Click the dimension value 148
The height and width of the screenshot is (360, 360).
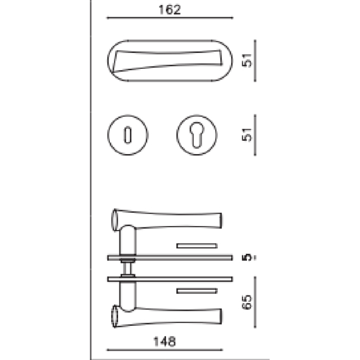[x=164, y=340]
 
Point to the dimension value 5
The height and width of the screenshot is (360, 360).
[x=248, y=257]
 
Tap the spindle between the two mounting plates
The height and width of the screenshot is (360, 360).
[x=128, y=268]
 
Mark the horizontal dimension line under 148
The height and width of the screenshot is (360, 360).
[x=164, y=350]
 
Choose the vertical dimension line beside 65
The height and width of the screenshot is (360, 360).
[x=255, y=301]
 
